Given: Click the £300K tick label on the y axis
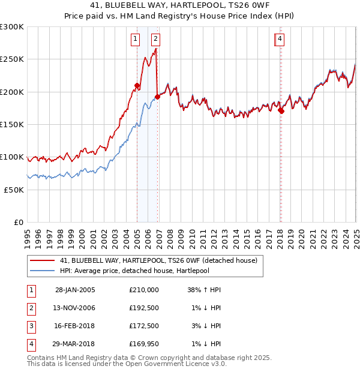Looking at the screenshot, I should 12,27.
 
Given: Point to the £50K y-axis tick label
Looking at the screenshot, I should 14,190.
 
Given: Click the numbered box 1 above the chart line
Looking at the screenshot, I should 136,40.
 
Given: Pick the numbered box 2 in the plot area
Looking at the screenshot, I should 155,40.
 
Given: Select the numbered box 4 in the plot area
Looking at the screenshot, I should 280,40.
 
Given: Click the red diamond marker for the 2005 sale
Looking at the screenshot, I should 137,86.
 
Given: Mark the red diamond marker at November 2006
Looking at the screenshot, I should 157,97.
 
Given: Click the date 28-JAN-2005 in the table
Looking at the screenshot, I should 75,290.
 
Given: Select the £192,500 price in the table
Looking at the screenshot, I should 143,308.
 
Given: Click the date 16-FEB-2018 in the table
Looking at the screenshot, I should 75,326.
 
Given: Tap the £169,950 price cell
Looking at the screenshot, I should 143,344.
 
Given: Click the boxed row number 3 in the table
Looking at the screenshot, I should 31,326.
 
